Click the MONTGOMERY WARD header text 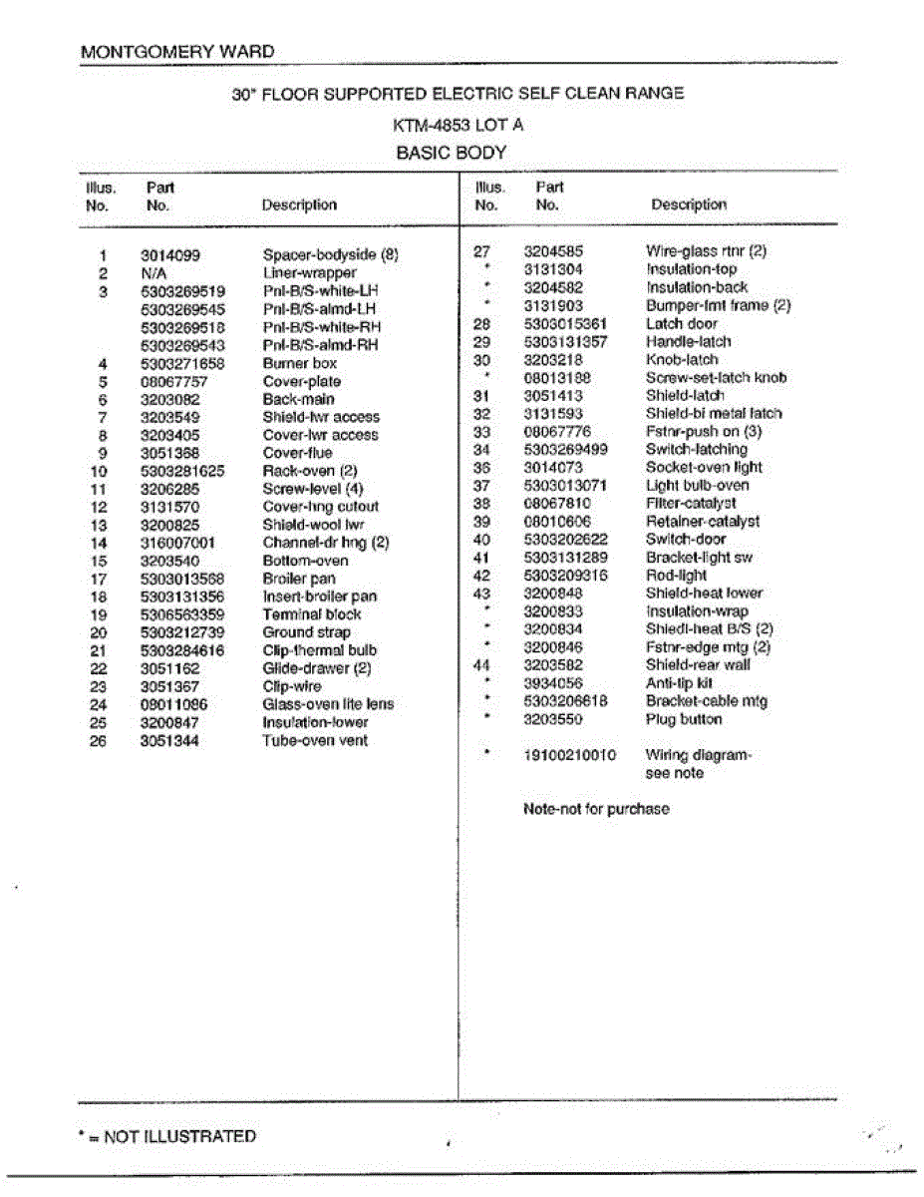click(x=177, y=52)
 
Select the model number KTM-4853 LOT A click(x=459, y=126)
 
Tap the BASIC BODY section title click(x=452, y=154)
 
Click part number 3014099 click(x=170, y=255)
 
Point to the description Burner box click(x=299, y=364)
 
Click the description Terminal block click(x=312, y=615)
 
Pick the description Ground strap click(x=306, y=632)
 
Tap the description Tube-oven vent click(x=315, y=741)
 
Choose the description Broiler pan click(x=298, y=579)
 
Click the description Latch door click(x=681, y=324)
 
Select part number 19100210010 click(x=569, y=755)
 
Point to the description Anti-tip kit click(x=679, y=683)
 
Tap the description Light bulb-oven click(x=697, y=486)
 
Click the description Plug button click(x=683, y=719)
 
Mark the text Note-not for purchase click(x=596, y=809)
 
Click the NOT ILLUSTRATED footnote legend click(x=166, y=1136)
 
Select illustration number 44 click(x=482, y=665)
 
